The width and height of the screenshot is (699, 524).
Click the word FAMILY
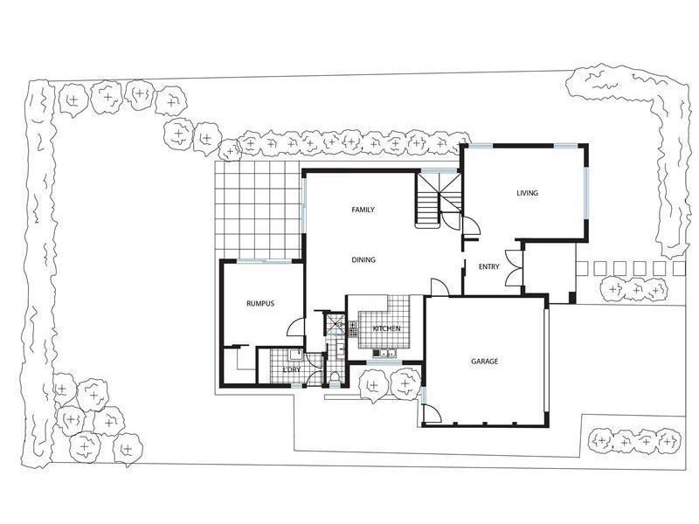click(x=363, y=210)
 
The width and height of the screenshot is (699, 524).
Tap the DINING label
click(x=363, y=259)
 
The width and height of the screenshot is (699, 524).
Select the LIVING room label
click(x=527, y=193)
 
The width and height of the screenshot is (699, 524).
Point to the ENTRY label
click(x=489, y=266)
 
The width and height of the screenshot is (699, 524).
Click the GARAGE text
click(x=485, y=362)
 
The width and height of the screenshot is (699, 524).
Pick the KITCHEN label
click(x=387, y=328)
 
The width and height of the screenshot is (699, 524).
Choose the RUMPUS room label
click(x=260, y=303)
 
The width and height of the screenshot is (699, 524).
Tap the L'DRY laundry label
click(x=292, y=370)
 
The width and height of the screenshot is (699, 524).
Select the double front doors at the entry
click(x=522, y=266)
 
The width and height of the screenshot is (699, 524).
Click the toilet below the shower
click(x=336, y=376)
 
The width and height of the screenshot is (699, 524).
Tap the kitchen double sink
click(x=385, y=353)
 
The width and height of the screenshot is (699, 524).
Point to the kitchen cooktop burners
click(x=353, y=329)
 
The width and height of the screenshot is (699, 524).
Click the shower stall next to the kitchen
click(x=336, y=325)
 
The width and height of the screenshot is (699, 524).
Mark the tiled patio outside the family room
click(x=259, y=210)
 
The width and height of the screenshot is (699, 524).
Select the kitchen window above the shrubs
click(x=384, y=362)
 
